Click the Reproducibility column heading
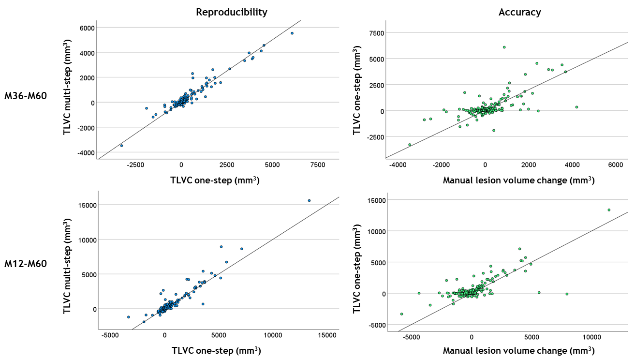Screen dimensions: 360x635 click(231, 13)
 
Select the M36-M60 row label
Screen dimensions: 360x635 click(26, 95)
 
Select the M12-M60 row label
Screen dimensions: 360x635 click(26, 264)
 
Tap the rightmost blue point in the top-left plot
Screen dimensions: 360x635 click(292, 33)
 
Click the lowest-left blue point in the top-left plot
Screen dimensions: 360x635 click(121, 146)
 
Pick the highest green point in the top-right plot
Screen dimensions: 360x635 click(504, 47)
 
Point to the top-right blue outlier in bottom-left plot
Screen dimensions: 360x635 click(309, 200)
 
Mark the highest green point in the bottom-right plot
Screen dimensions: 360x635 click(609, 210)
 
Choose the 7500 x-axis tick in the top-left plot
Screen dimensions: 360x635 click(318, 165)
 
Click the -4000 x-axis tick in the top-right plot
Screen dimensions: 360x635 click(398, 165)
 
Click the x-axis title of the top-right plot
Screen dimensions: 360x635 click(518, 181)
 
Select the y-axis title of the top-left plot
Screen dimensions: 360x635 click(68, 89)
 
